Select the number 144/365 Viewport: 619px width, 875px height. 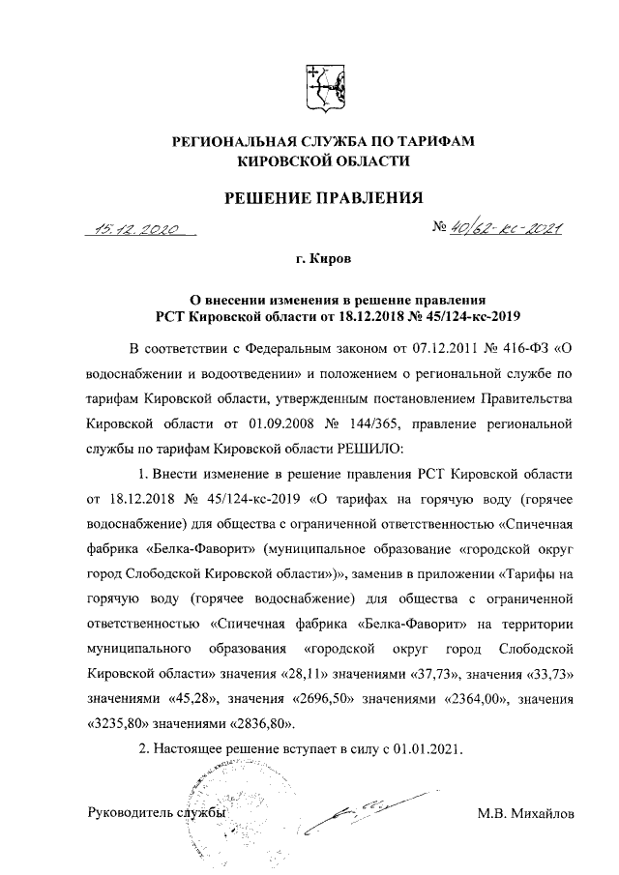[x=403, y=424]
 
